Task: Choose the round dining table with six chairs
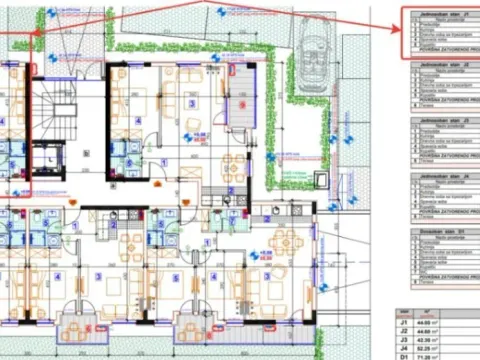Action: [285, 240]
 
